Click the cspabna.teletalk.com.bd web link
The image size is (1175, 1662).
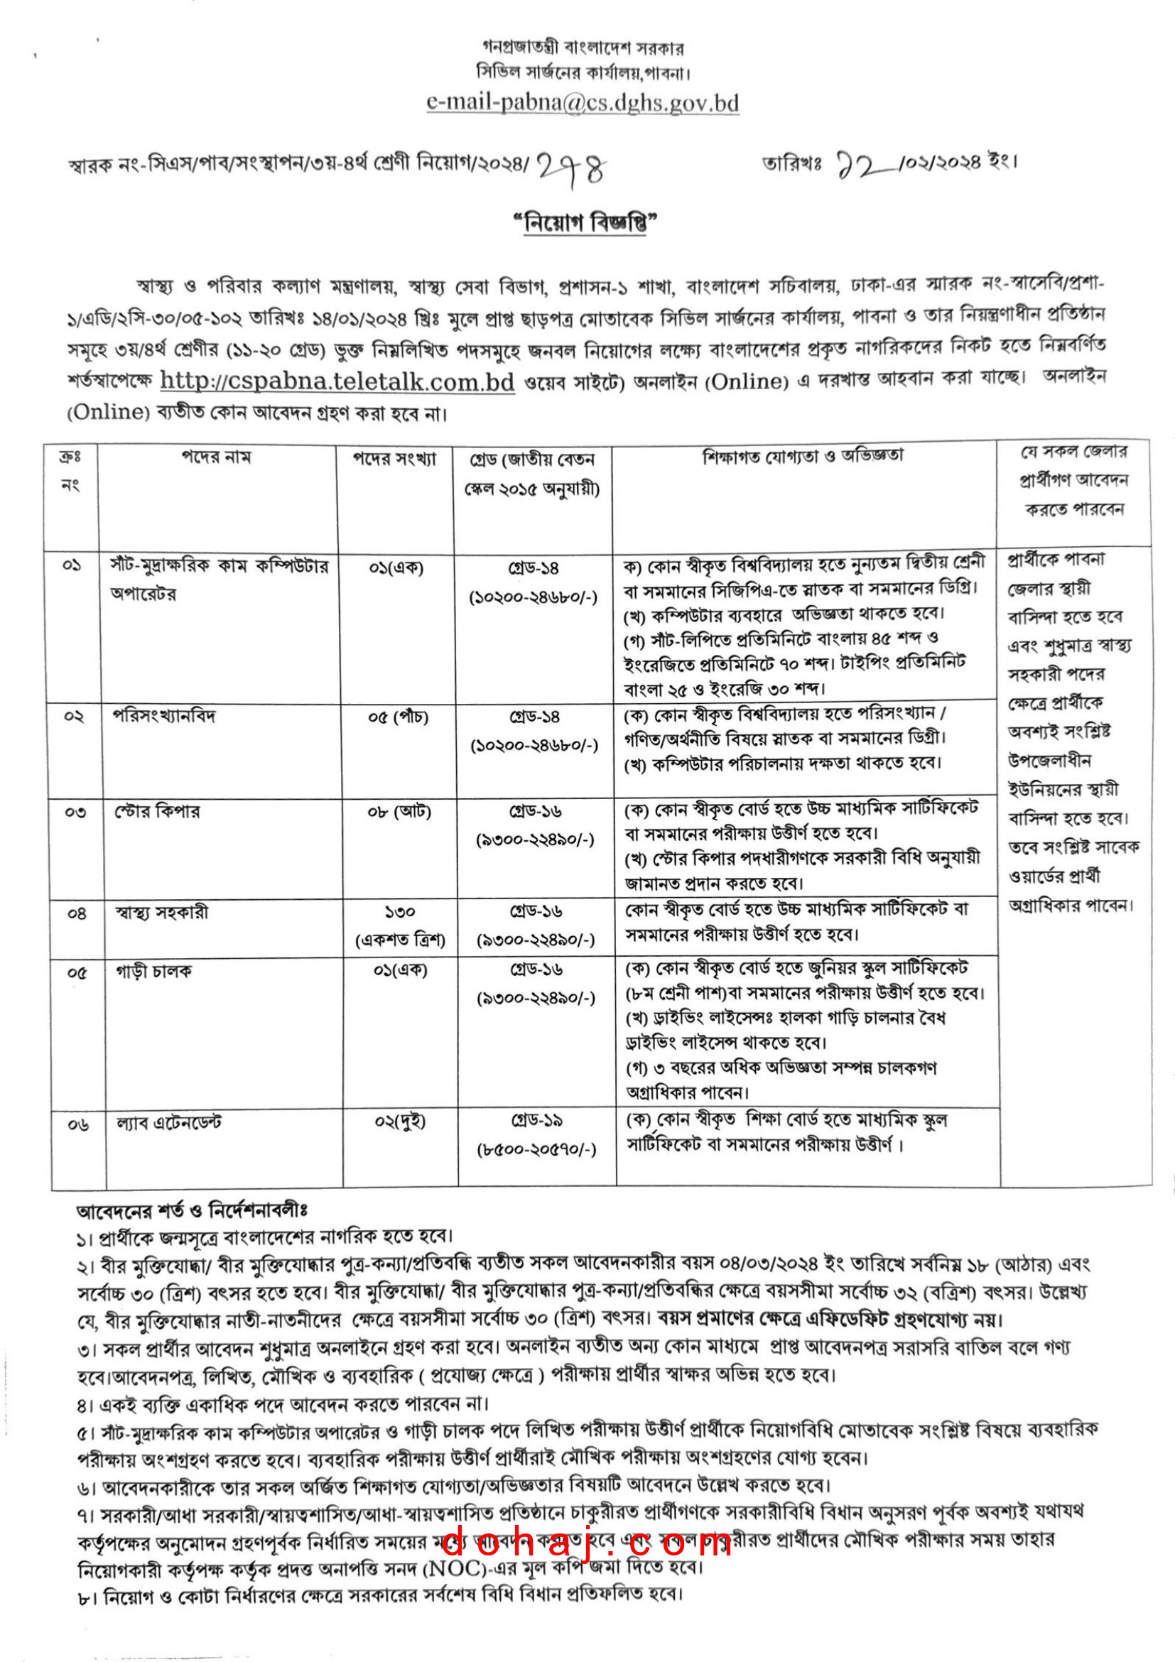point(337,381)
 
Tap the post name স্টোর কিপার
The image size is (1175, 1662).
point(157,811)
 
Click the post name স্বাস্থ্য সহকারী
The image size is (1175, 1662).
point(161,912)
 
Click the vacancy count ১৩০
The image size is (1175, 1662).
point(400,911)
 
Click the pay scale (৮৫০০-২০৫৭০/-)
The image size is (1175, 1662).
point(536,1148)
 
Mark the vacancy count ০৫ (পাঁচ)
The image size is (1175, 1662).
point(399,717)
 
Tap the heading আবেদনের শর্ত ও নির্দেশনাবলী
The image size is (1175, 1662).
point(192,1210)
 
